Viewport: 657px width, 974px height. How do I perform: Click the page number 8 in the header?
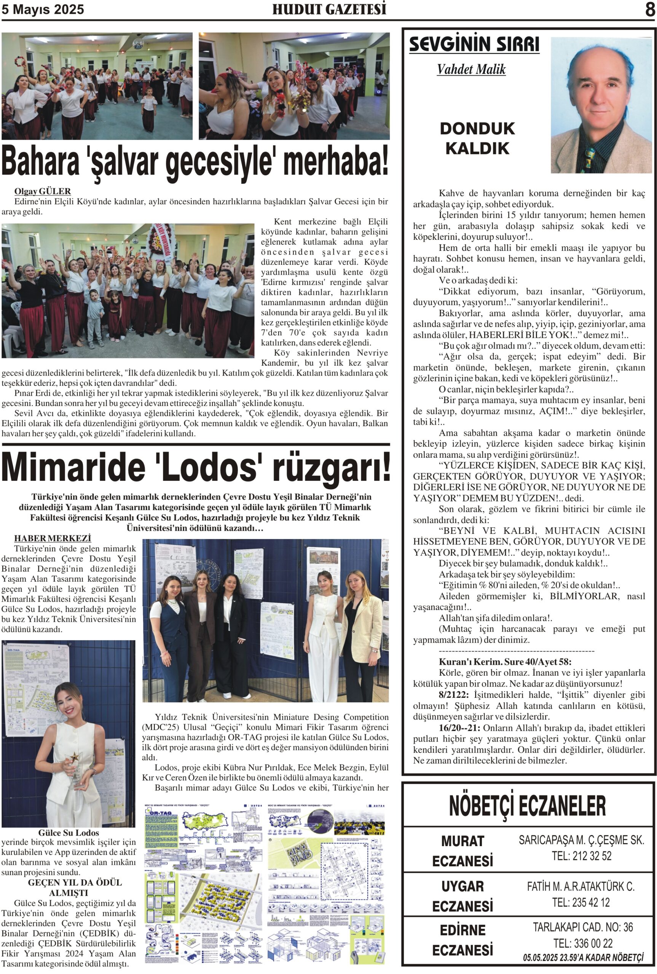point(650,9)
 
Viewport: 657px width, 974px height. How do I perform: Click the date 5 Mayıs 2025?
point(43,9)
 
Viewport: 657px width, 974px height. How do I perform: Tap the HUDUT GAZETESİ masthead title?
point(329,9)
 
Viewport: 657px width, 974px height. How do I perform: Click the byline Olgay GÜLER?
point(42,191)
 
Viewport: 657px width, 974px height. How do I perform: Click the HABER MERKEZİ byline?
point(53,538)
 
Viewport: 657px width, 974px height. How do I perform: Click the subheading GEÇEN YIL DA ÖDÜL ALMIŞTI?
point(69,887)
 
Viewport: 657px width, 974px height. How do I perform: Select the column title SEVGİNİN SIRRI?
point(474,45)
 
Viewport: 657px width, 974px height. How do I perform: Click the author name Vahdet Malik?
point(471,69)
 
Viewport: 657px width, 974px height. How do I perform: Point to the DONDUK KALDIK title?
point(477,138)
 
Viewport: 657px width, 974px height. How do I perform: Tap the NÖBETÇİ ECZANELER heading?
point(527,806)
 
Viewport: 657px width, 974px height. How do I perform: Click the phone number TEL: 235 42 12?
point(581,902)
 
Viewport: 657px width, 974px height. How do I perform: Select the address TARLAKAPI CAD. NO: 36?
point(582,927)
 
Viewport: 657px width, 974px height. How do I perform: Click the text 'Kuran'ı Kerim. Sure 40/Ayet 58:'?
point(505,662)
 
